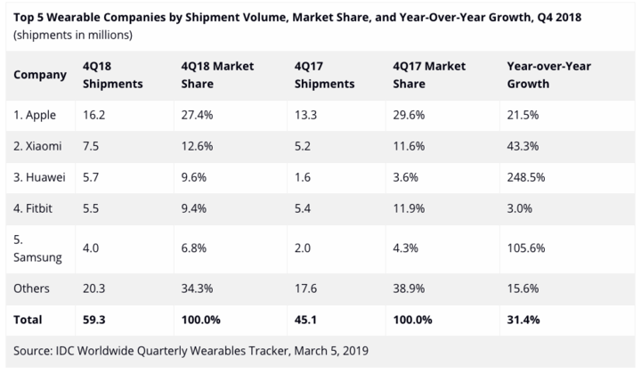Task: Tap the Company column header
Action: pyautogui.click(x=40, y=75)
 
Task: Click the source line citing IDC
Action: pyautogui.click(x=189, y=350)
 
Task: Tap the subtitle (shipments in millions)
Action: pyautogui.click(x=73, y=35)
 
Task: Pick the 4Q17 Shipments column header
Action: pyautogui.click(x=327, y=75)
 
